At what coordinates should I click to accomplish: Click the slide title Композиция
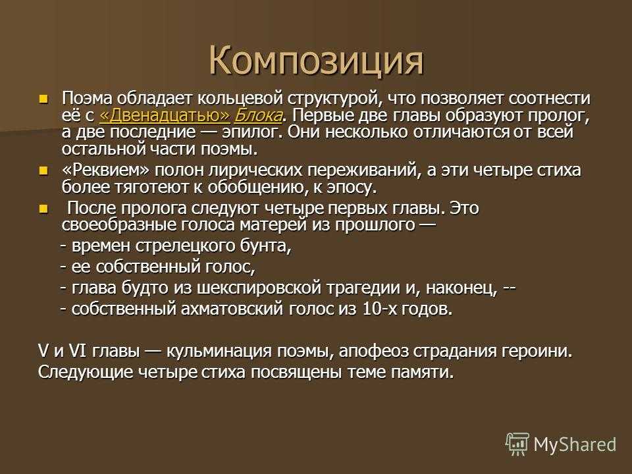[x=317, y=62]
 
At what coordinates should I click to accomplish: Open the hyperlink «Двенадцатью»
[x=165, y=115]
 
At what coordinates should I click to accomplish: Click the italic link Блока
[x=258, y=115]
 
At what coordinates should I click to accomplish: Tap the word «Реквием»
[x=106, y=170]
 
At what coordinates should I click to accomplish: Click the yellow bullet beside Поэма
[x=43, y=98]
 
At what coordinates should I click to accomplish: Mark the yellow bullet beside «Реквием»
[x=43, y=171]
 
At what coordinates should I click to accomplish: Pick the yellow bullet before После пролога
[x=43, y=209]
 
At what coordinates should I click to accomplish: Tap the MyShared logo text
[x=575, y=444]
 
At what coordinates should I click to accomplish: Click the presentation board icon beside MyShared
[x=518, y=444]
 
